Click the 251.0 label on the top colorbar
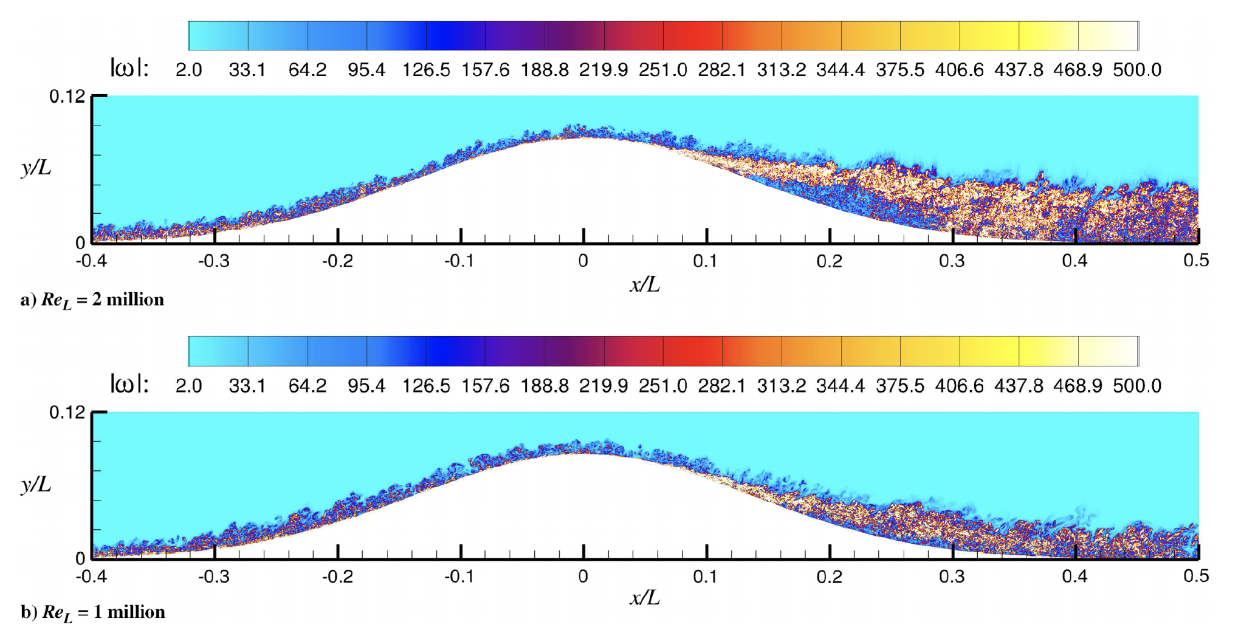tap(662, 70)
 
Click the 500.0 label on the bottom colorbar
tap(1136, 386)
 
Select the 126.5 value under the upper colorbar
tap(425, 70)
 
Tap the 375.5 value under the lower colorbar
tap(899, 386)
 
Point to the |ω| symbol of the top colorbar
tap(129, 68)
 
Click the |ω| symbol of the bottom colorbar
tap(129, 384)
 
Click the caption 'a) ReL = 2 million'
tap(92, 300)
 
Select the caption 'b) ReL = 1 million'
tap(93, 612)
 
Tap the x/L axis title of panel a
tap(644, 284)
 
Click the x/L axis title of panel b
tap(644, 598)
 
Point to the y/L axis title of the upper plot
tap(36, 168)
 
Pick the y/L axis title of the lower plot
tap(36, 484)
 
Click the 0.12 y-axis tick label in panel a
tap(67, 97)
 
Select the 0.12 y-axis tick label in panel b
tap(67, 412)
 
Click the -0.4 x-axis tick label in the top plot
tap(91, 261)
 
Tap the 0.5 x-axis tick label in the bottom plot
tap(1196, 577)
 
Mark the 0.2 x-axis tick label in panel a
tap(829, 261)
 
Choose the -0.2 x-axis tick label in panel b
tap(337, 577)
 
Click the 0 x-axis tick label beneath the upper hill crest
tap(583, 261)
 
